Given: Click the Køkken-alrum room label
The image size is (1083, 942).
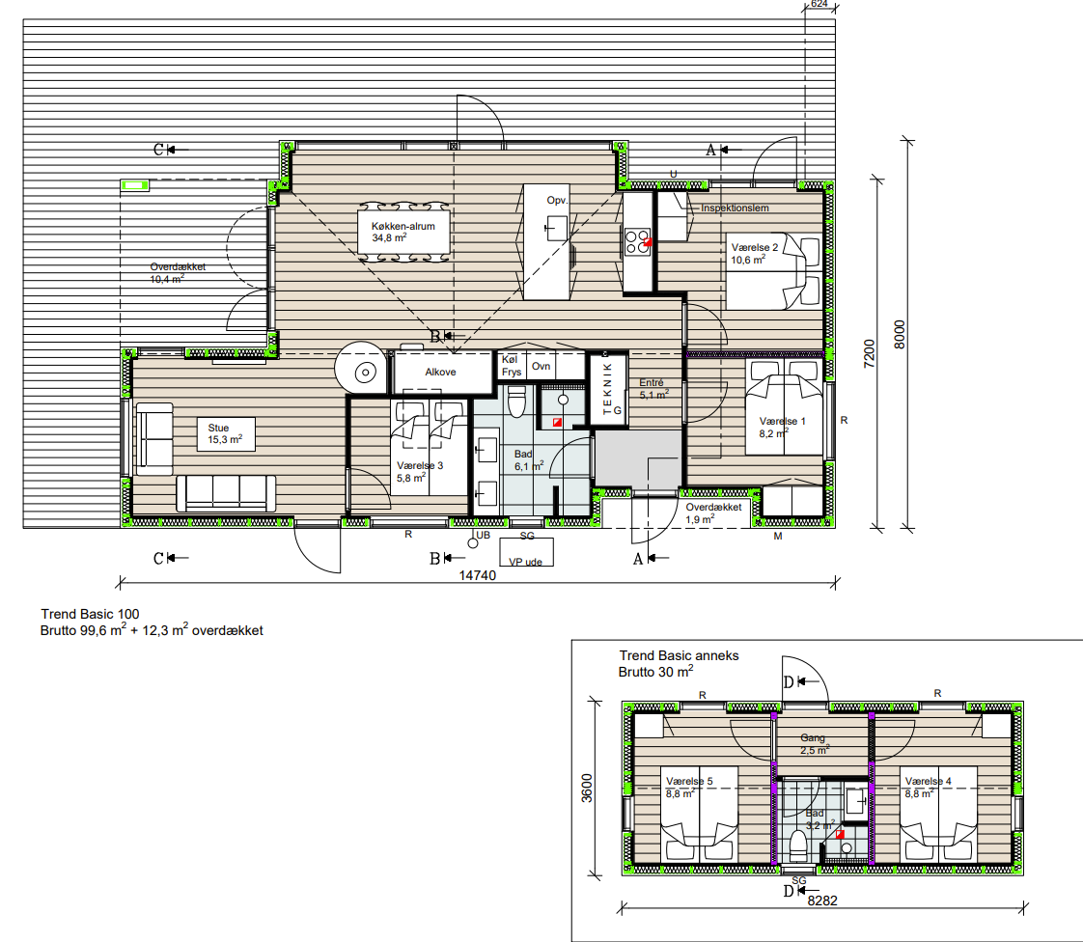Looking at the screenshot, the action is tap(403, 226).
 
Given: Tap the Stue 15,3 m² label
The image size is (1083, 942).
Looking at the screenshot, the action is tap(225, 433).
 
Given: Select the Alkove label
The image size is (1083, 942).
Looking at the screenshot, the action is tap(440, 372).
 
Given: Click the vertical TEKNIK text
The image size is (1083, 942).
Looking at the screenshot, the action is tap(607, 388).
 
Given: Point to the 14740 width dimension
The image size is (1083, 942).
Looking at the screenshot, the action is tap(477, 575).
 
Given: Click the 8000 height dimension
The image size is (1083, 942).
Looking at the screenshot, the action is tap(899, 334).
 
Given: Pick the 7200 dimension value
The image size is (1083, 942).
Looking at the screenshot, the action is tap(869, 353).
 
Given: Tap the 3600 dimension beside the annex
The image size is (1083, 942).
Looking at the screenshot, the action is tap(587, 788).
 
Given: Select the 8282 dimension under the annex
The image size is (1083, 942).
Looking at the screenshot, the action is tap(822, 900).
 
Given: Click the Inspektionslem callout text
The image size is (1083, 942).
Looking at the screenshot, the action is tap(735, 208).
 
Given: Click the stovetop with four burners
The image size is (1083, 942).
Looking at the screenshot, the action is tap(637, 242).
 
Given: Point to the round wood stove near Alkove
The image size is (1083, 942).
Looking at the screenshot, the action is tap(361, 369).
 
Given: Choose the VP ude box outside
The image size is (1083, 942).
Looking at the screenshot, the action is tap(526, 552).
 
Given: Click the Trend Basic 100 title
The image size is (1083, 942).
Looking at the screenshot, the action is tap(90, 614).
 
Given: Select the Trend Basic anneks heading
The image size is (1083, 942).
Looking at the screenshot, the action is tap(679, 655).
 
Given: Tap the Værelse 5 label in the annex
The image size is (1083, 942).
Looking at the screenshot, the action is tap(689, 781).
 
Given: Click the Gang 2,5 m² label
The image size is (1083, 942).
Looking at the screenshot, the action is tap(815, 744).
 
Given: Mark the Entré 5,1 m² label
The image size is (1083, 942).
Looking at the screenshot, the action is tap(653, 389).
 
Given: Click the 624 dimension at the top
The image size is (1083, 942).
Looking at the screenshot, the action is tap(819, 4).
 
